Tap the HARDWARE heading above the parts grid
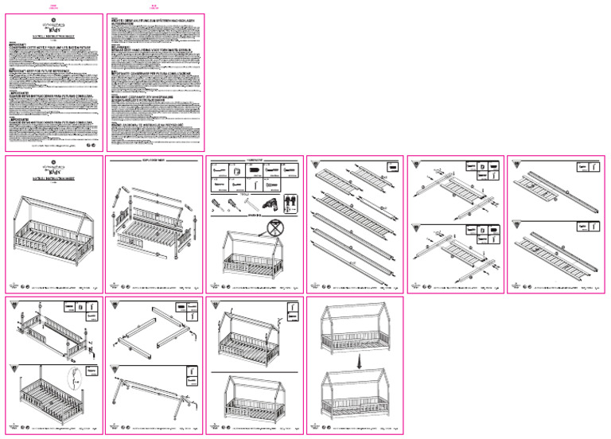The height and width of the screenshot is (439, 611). pyautogui.click(x=255, y=160)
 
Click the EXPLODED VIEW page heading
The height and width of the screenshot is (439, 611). pyautogui.click(x=154, y=161)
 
